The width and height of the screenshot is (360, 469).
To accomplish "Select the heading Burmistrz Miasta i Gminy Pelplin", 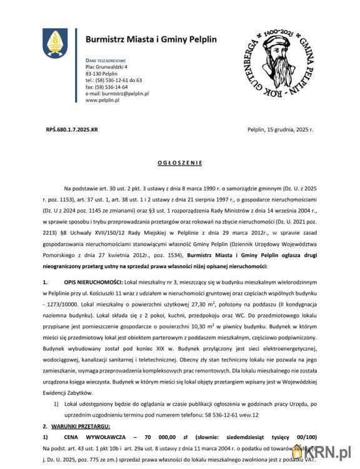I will coord(151,39).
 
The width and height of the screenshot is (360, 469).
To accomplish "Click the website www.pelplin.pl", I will coord(102,100).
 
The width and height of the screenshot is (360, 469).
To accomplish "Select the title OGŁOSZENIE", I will coord(179,163).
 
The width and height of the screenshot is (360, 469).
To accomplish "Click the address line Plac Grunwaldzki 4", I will coord(106,66).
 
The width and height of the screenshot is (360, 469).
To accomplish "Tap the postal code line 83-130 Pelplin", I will coord(101,73).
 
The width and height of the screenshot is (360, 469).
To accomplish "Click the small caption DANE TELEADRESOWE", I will coord(106,59).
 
